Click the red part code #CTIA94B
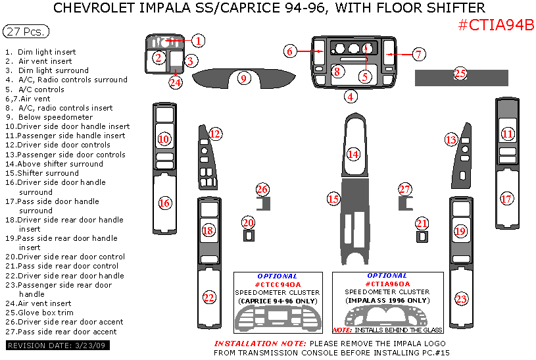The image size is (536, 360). [x=495, y=25]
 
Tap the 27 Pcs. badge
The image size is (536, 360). [x=26, y=32]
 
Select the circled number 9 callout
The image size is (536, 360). [x=243, y=79]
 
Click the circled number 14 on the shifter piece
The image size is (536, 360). [x=353, y=154]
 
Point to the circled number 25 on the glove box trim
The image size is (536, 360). [x=460, y=74]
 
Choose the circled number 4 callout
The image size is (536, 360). [x=352, y=97]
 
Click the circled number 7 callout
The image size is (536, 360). [x=419, y=55]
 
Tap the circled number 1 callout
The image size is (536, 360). [x=199, y=41]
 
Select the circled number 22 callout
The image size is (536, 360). [x=209, y=298]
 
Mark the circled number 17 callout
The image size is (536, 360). [x=506, y=198]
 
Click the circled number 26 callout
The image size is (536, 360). [x=262, y=190]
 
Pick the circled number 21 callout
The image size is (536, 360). [x=422, y=223]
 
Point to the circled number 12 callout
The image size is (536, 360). [x=215, y=134]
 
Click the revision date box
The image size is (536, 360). [x=58, y=346]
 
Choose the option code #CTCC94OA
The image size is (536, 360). [x=277, y=284]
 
